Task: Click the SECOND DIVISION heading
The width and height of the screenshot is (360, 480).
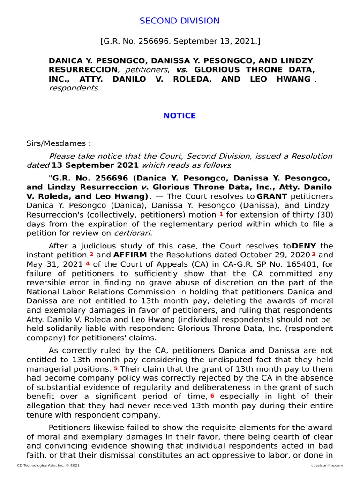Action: click(180, 21)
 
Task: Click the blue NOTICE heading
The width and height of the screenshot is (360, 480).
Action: click(180, 115)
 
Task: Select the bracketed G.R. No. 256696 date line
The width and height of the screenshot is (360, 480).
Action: click(180, 41)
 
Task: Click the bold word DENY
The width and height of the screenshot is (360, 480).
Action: click(304, 246)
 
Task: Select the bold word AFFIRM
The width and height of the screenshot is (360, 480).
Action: click(130, 255)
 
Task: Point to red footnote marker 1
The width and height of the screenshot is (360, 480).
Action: click(221, 214)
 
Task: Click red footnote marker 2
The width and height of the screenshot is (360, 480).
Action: click(92, 254)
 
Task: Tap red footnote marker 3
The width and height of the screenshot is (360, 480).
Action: click(314, 254)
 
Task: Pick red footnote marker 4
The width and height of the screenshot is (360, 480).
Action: click(88, 263)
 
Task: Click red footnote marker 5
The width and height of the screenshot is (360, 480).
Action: click(115, 368)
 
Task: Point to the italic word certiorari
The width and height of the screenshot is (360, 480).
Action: click(133, 232)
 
